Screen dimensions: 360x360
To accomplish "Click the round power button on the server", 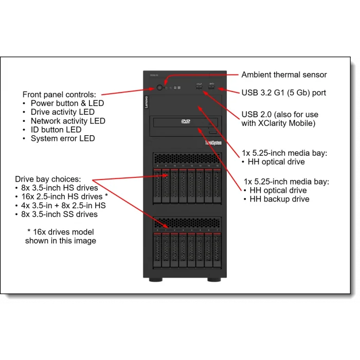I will tap(160, 88).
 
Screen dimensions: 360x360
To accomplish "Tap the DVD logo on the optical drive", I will tap(185, 122).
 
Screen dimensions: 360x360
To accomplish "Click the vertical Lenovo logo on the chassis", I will tap(146, 102).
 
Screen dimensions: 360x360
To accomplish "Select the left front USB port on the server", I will tap(199, 88).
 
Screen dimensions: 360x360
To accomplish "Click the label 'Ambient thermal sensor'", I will tap(284, 75).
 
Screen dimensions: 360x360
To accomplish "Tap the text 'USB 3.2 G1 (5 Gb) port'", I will tap(283, 93).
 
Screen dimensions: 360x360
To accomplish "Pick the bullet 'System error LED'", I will tap(63, 138).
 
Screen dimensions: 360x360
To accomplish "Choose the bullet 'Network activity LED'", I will tap(68, 121).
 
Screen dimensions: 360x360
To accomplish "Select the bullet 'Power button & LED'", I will tap(67, 103).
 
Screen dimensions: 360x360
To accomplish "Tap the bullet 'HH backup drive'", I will tap(279, 199).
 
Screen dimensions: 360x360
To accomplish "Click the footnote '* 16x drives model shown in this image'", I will tap(61, 236).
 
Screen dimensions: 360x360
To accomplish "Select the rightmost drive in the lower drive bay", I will tap(218, 251).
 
